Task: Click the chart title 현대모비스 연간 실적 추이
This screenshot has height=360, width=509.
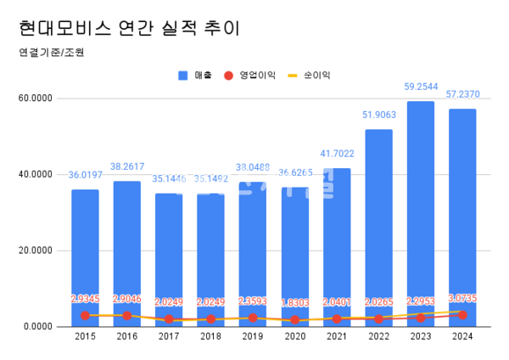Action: click(x=128, y=27)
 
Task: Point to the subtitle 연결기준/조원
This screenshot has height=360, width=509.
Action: click(x=50, y=52)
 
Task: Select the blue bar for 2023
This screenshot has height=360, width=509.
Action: click(x=420, y=212)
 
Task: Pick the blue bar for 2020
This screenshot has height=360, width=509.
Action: click(x=295, y=256)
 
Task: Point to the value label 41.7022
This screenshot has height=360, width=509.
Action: click(x=337, y=154)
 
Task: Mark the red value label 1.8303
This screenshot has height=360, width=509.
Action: click(x=295, y=301)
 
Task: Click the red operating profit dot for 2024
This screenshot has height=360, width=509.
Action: click(x=462, y=314)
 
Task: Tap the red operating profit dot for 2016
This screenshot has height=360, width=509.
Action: click(x=127, y=315)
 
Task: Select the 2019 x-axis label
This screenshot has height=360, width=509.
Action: click(x=253, y=337)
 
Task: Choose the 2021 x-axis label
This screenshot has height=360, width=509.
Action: click(x=337, y=337)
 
